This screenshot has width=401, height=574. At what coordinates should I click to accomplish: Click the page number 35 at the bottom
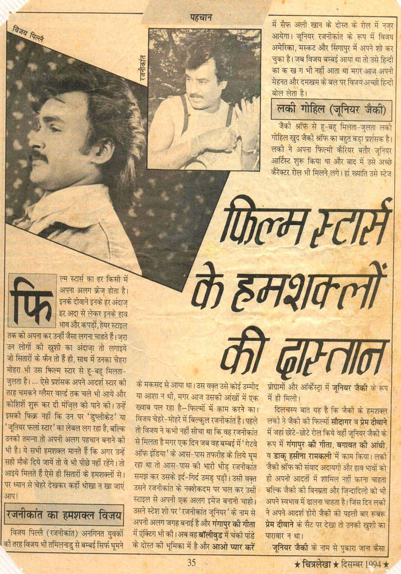click(192, 562)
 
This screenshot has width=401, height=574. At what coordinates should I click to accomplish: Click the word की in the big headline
click(241, 349)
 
